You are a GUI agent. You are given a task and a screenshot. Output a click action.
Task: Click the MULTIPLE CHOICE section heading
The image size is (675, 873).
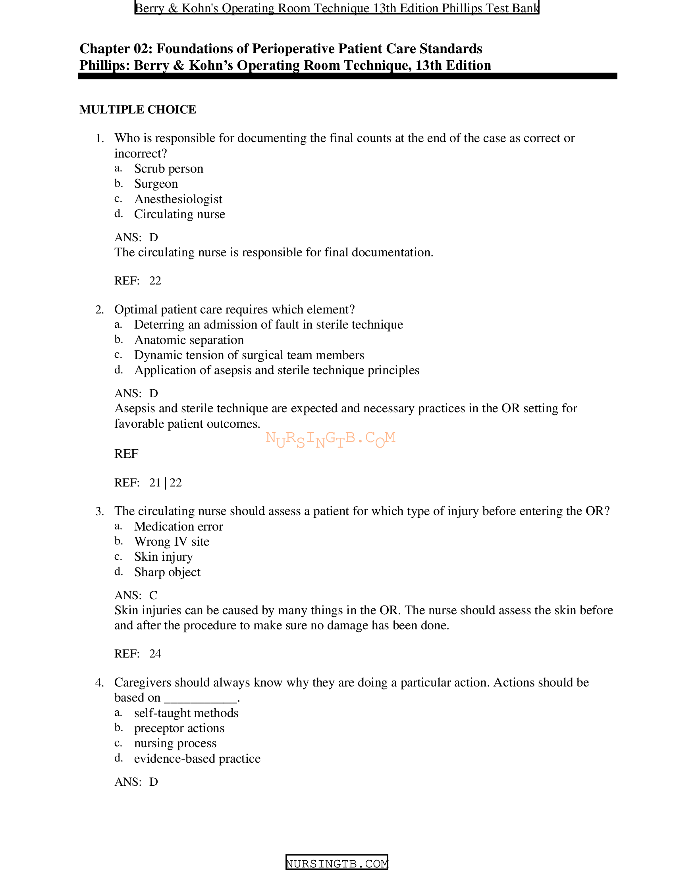click(x=137, y=110)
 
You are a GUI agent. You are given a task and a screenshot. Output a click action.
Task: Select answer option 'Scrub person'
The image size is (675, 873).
click(x=168, y=169)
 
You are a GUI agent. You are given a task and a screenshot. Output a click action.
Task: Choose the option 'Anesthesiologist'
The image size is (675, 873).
click(x=178, y=199)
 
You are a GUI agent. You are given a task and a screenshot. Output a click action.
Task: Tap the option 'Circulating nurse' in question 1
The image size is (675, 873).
click(x=179, y=214)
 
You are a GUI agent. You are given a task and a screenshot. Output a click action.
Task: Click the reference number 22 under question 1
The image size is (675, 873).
click(x=155, y=281)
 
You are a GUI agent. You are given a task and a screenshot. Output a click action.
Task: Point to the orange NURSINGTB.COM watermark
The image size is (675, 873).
click(x=331, y=439)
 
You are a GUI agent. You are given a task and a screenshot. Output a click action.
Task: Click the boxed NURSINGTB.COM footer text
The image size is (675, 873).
click(x=337, y=863)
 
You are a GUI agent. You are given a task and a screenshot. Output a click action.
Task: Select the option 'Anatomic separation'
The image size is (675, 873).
click(x=189, y=340)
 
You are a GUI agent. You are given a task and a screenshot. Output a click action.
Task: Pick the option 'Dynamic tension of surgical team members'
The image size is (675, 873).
click(x=249, y=356)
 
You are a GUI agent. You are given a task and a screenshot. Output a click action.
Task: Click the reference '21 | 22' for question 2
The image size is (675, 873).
click(x=166, y=483)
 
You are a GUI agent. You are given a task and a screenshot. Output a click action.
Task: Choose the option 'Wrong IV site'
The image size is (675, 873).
click(x=172, y=542)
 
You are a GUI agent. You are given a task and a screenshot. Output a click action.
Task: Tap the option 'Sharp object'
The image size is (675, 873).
click(x=167, y=572)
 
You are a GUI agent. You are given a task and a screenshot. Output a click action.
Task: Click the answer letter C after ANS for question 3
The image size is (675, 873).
click(x=153, y=595)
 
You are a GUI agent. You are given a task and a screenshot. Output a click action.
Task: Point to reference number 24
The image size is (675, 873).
click(x=155, y=654)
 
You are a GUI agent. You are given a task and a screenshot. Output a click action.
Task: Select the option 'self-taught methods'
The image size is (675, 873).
click(x=186, y=713)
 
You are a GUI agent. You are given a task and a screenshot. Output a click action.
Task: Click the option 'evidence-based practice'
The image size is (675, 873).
click(x=197, y=759)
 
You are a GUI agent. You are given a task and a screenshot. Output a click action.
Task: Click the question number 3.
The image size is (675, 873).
click(x=99, y=511)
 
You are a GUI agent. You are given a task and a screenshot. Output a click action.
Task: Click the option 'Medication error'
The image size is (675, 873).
click(x=178, y=527)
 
